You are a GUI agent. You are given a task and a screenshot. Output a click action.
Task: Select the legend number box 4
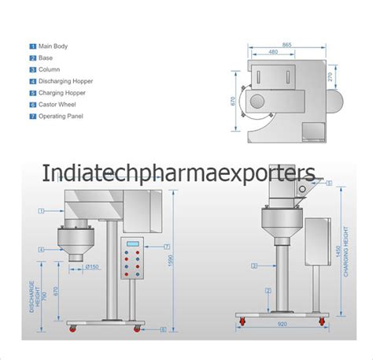coord(32,81)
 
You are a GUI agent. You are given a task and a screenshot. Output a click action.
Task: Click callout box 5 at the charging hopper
coord(330,184)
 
